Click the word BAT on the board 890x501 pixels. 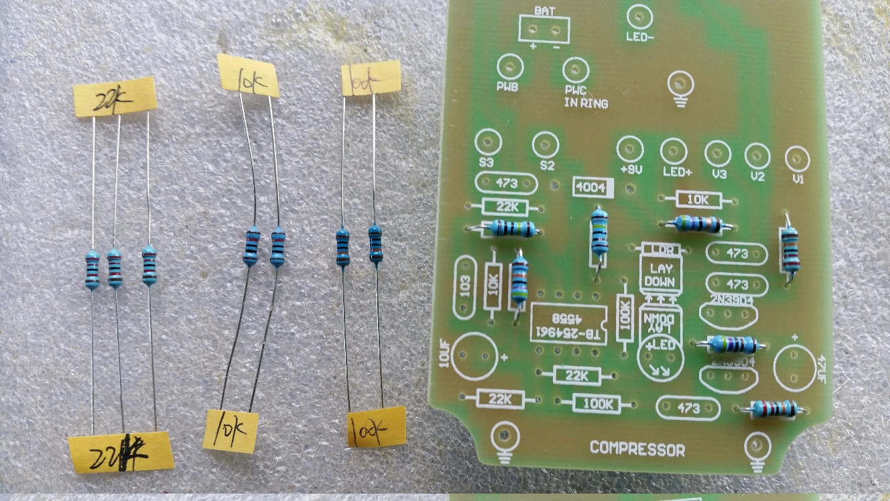(543, 11)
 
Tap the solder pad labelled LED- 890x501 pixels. (639, 16)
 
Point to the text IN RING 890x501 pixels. (586, 103)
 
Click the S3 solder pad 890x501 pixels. (488, 142)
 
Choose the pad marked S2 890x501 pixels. (546, 145)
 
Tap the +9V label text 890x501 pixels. (631, 170)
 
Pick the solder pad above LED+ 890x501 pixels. (674, 152)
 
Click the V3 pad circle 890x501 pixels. (718, 154)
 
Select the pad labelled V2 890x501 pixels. (757, 156)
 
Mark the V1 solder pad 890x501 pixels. (797, 159)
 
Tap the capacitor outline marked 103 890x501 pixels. (464, 288)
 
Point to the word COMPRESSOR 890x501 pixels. (637, 449)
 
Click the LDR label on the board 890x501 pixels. (661, 250)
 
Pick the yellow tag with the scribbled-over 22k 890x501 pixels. (121, 451)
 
